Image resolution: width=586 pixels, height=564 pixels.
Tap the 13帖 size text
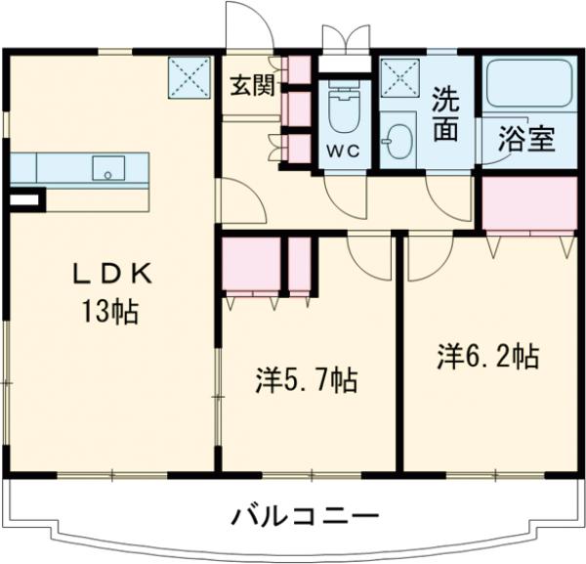(108, 314)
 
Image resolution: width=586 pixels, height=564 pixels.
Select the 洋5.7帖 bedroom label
(306, 379)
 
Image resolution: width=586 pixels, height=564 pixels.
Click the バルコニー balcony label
(305, 515)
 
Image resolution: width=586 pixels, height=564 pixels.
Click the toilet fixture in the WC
(343, 112)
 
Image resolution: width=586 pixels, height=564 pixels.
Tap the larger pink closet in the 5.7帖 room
(250, 263)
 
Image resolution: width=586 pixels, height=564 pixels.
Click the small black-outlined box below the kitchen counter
(24, 200)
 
